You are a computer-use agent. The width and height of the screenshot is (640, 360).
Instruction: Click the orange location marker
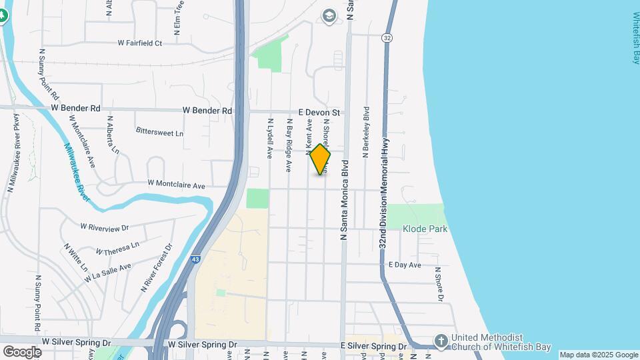320,159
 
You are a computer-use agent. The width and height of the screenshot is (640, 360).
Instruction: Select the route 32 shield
387,38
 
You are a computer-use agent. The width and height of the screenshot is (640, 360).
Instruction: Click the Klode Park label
425,229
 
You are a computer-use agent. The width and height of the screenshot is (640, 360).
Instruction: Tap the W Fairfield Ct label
140,43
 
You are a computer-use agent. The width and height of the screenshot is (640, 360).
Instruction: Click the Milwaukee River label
78,170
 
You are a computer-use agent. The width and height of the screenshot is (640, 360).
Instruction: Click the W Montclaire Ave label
176,183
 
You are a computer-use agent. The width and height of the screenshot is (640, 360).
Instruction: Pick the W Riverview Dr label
104,227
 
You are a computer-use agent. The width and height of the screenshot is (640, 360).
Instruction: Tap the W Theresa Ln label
117,248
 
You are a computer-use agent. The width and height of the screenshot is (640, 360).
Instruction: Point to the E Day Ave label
405,265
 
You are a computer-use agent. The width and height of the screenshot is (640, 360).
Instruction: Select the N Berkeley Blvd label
366,131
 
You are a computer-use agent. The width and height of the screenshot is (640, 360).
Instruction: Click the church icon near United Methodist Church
440,341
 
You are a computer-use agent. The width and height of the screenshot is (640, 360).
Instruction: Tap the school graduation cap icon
329,15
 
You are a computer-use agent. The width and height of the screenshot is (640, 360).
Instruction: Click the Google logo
21,351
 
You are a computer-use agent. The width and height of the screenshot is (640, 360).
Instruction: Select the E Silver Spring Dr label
373,347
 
